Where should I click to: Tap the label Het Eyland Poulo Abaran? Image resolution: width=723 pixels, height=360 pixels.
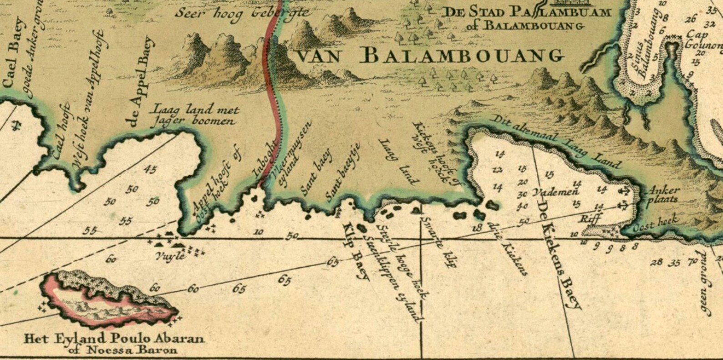(114, 339)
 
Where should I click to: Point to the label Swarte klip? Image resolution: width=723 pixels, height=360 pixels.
(439, 241)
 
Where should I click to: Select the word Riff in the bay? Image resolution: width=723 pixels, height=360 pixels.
(591, 219)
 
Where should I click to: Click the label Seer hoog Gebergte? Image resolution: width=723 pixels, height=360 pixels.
(241, 13)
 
